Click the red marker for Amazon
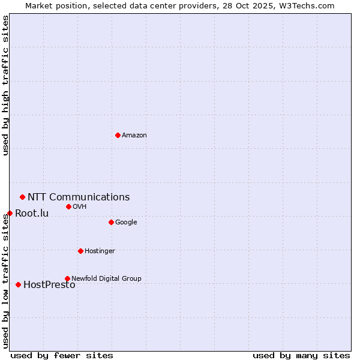tap(118, 135)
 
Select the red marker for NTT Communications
tap(22, 197)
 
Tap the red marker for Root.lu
tap(10, 213)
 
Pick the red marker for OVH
tap(68, 206)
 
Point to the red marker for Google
tap(111, 222)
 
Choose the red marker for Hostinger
tap(80, 251)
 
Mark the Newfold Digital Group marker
tap(67, 278)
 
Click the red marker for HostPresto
tap(18, 284)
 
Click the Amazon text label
tap(134, 136)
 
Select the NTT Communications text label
tap(79, 197)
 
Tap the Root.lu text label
tap(32, 214)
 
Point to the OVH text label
tap(80, 207)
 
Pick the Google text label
tap(126, 223)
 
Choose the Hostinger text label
tap(100, 251)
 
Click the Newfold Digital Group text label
tap(106, 278)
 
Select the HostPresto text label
tap(49, 285)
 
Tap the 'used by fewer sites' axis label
tap(62, 355)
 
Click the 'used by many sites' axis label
tap(301, 355)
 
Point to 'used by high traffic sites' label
tap(5, 85)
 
